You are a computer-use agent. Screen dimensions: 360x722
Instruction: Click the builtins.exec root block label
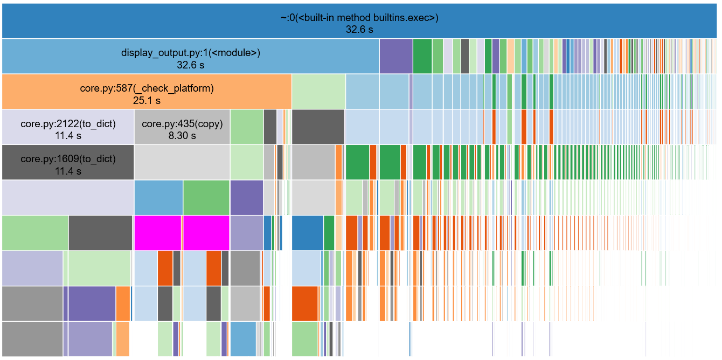coord(359,17)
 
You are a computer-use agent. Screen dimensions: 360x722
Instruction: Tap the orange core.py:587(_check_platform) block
coord(147,92)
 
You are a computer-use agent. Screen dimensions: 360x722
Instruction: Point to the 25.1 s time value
coord(147,100)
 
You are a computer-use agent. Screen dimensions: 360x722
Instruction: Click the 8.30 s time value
coord(182,136)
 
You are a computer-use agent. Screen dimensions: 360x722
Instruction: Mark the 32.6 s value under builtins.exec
coord(359,30)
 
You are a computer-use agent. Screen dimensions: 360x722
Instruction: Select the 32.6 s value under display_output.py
coord(190,65)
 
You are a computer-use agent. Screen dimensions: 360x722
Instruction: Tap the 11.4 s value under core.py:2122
coord(68,136)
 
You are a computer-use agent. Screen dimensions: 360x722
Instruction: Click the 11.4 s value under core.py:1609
coord(68,171)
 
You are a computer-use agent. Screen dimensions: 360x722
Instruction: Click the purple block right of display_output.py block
coord(395,56)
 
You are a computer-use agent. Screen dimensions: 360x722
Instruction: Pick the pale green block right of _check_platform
coord(318,92)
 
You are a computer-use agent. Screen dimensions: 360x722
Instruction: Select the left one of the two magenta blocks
coord(157,233)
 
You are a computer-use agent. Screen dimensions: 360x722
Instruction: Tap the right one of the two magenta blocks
coord(206,233)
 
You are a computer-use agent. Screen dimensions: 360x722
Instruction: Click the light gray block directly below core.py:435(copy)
coord(182,162)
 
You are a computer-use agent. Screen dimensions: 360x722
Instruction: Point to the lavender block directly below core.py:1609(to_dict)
coord(68,198)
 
